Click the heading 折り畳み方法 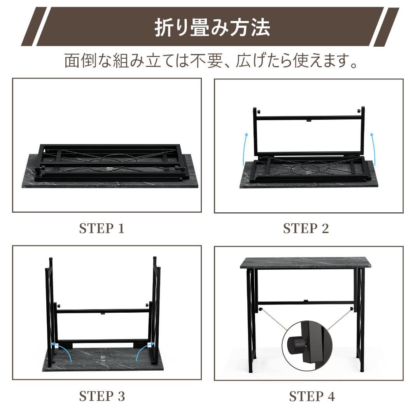tap(212, 28)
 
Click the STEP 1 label tap(102, 229)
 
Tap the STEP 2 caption tap(306, 229)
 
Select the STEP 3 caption tap(102, 396)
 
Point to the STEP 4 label tap(312, 396)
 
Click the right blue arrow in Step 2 tap(373, 149)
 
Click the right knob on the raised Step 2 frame tap(359, 110)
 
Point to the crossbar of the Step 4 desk tap(305, 303)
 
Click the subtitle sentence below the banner tap(211, 61)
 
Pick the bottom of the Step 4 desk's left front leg tap(250, 371)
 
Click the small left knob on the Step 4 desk tap(260, 309)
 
